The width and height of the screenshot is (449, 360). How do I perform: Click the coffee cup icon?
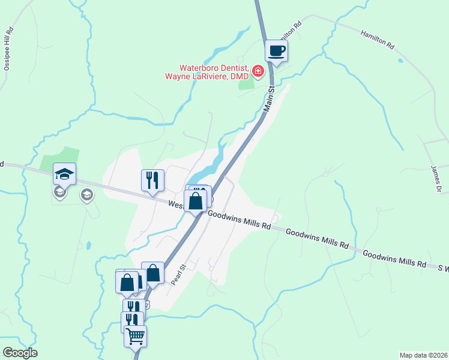coord(276,50)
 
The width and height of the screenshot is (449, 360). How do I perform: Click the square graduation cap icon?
coord(64,174)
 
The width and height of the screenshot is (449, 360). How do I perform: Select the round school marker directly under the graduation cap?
coord(60,192)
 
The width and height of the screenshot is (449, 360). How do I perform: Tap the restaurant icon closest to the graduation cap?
coord(152,179)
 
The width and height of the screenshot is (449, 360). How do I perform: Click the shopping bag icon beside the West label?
coord(196,200)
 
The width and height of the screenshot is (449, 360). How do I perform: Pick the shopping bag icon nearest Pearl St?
coord(153,273)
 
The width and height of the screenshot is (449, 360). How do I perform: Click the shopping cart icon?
coord(135,336)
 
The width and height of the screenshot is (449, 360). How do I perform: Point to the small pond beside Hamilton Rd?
coord(400,61)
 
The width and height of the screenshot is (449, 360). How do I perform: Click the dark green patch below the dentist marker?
coord(246,84)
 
